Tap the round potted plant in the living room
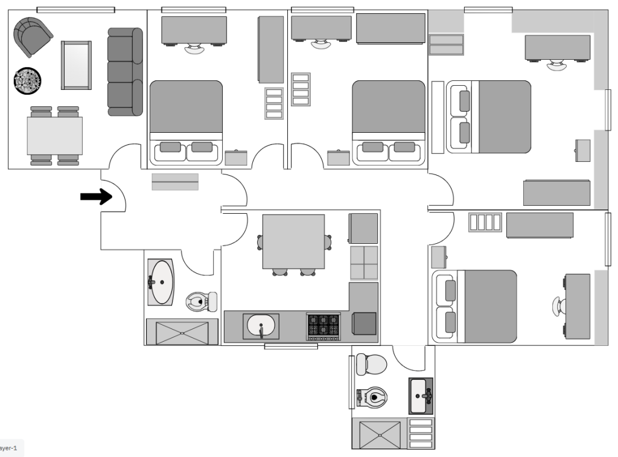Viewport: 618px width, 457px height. point(28,81)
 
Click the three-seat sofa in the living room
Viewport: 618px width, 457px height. point(125,72)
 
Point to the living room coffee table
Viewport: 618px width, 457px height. point(77,65)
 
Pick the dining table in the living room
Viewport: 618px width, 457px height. point(54,135)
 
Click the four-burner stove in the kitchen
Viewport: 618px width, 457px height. point(323,327)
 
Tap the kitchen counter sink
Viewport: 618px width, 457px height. point(261,327)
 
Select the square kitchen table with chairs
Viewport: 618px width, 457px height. point(294,241)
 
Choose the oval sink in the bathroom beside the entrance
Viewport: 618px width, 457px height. point(161,282)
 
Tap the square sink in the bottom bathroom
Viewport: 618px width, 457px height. point(421,396)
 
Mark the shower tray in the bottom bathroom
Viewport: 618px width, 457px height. point(380,434)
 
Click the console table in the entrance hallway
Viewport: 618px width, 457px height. point(175,182)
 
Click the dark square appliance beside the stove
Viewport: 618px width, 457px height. point(364,324)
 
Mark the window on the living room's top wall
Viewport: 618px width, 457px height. point(75,10)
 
